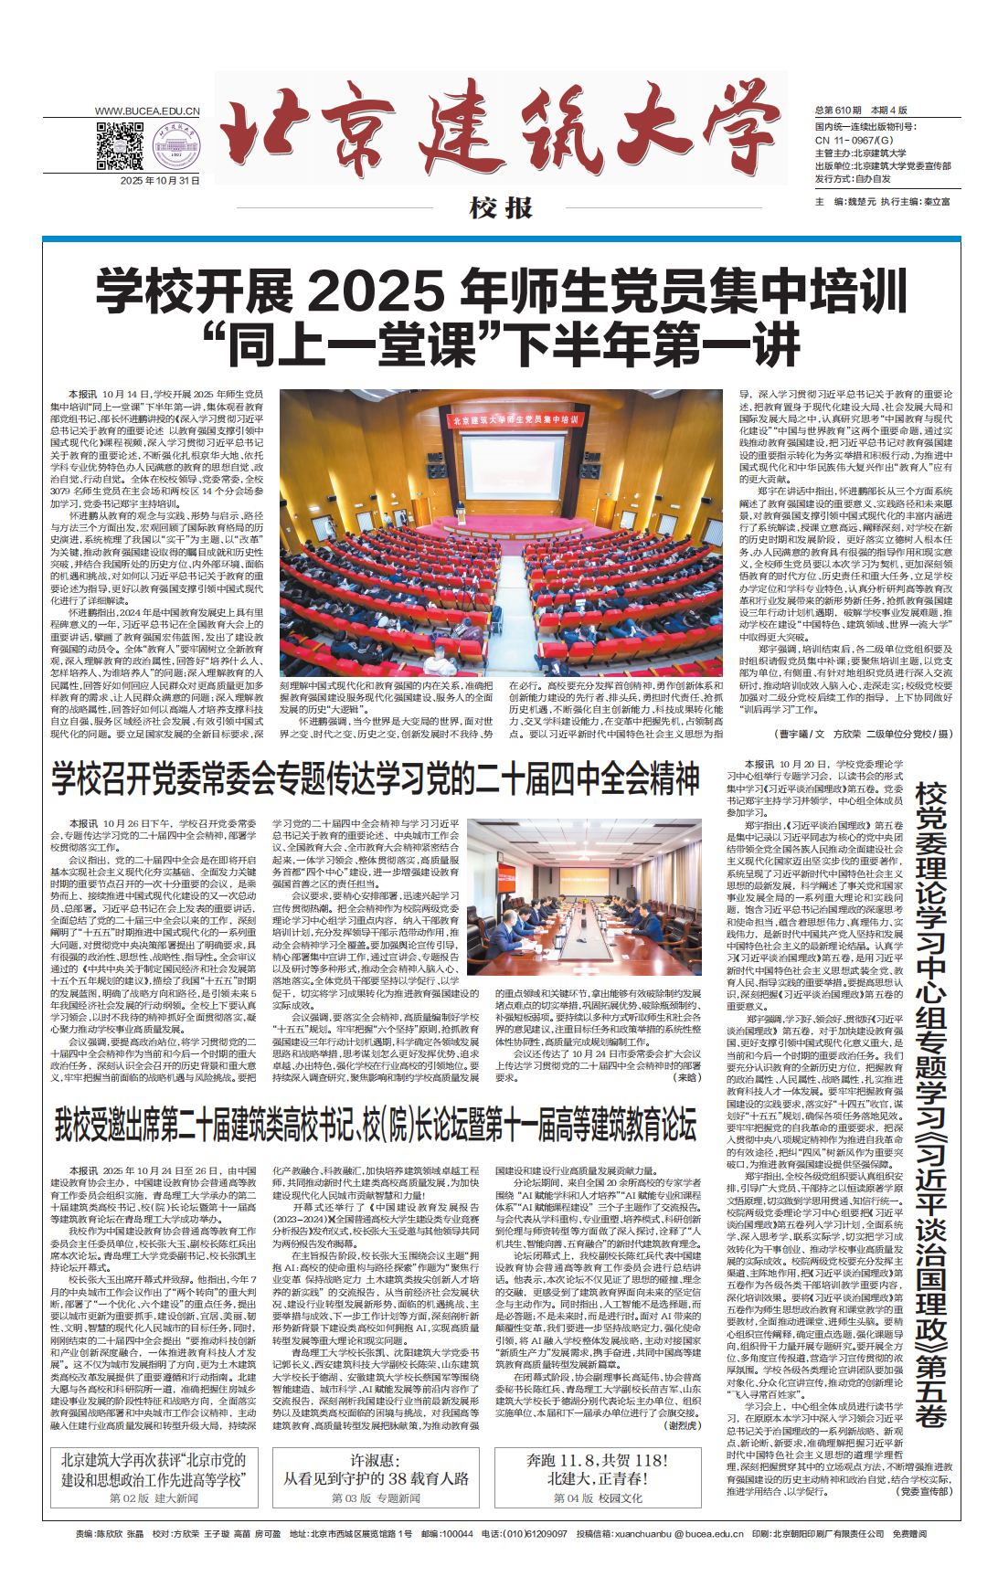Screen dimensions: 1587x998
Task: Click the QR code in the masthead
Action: click(120, 146)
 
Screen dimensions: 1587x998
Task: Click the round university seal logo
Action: click(177, 146)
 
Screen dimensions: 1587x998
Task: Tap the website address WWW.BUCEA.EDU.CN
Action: click(147, 111)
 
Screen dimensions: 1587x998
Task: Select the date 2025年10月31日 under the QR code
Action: click(160, 181)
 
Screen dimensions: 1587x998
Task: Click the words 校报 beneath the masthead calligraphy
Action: click(501, 208)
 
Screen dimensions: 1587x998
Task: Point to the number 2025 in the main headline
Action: click(377, 292)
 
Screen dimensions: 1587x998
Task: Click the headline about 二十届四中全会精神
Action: click(376, 779)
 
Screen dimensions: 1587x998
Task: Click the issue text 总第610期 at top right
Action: click(838, 111)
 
